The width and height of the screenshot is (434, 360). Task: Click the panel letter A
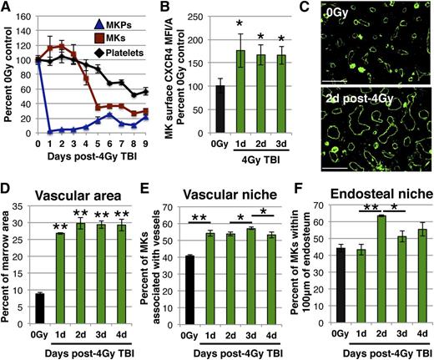[x=8, y=8]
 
